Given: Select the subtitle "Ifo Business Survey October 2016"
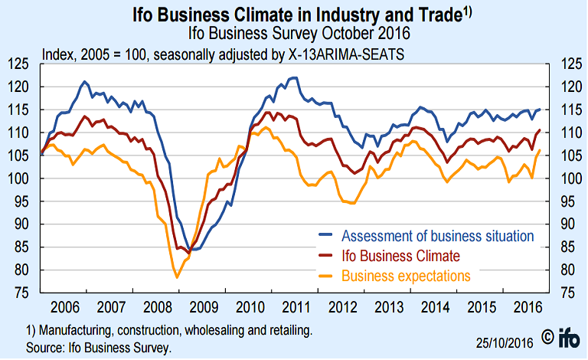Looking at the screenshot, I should [293, 34].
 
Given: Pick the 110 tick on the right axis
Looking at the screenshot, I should [571, 133].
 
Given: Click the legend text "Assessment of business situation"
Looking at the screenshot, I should [437, 234].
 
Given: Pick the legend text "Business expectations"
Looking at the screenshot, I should [406, 275].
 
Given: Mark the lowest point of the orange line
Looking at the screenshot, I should [177, 277].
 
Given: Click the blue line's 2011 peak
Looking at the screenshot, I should [293, 77].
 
